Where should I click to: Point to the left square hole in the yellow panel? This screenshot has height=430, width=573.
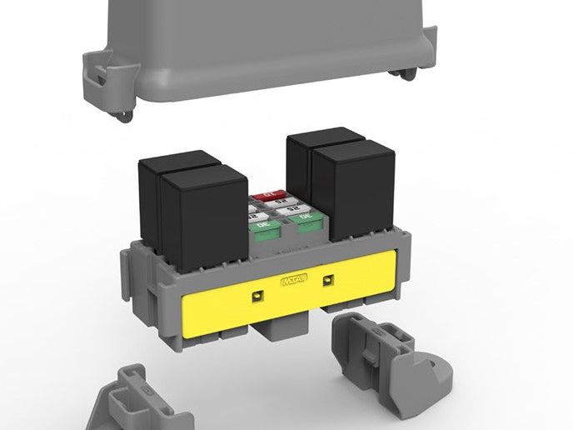click(x=257, y=294)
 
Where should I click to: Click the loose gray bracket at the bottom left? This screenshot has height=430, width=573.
click(x=137, y=400)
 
